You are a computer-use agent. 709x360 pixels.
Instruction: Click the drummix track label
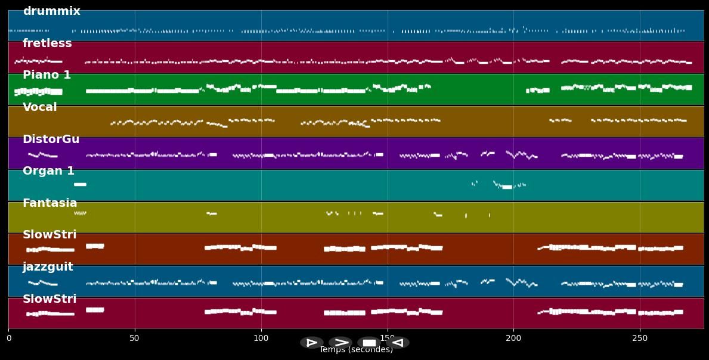pos(51,11)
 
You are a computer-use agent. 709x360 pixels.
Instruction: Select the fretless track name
pos(47,44)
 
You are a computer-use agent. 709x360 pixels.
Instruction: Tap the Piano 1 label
pos(47,75)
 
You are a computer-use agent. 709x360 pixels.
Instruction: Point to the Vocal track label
pos(40,107)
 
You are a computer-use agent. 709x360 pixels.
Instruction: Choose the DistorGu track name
pos(51,139)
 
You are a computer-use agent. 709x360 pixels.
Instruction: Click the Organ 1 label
pos(48,171)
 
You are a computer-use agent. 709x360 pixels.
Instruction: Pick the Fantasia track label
pos(49,203)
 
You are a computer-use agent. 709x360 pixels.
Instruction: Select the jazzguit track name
pos(48,267)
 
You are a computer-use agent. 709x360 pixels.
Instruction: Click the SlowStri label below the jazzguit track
pos(49,299)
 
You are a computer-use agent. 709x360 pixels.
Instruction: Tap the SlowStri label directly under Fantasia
pos(49,235)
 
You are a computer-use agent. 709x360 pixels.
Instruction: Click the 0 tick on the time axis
pos(8,339)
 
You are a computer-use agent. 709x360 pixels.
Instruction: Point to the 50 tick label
pos(135,339)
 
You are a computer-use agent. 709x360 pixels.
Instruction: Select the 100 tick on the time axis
pos(261,339)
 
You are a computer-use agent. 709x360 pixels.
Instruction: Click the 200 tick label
pos(513,339)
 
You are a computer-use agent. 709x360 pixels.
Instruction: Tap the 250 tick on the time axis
pos(640,339)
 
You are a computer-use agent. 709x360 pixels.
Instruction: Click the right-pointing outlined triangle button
pos(312,343)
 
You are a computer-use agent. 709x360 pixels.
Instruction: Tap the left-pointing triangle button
pos(398,343)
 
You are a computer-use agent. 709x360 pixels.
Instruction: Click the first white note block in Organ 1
pos(80,185)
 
